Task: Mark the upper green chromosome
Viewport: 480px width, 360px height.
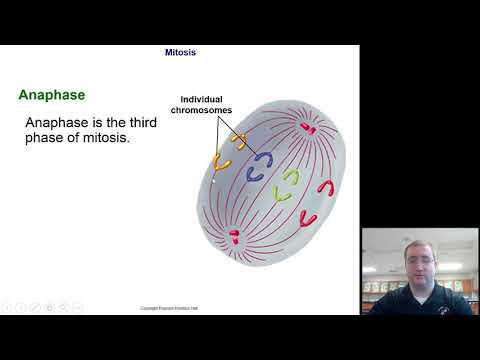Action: click(x=290, y=176)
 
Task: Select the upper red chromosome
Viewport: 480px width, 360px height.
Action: click(x=325, y=187)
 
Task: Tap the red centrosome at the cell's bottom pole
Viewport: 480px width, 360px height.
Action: click(x=234, y=237)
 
